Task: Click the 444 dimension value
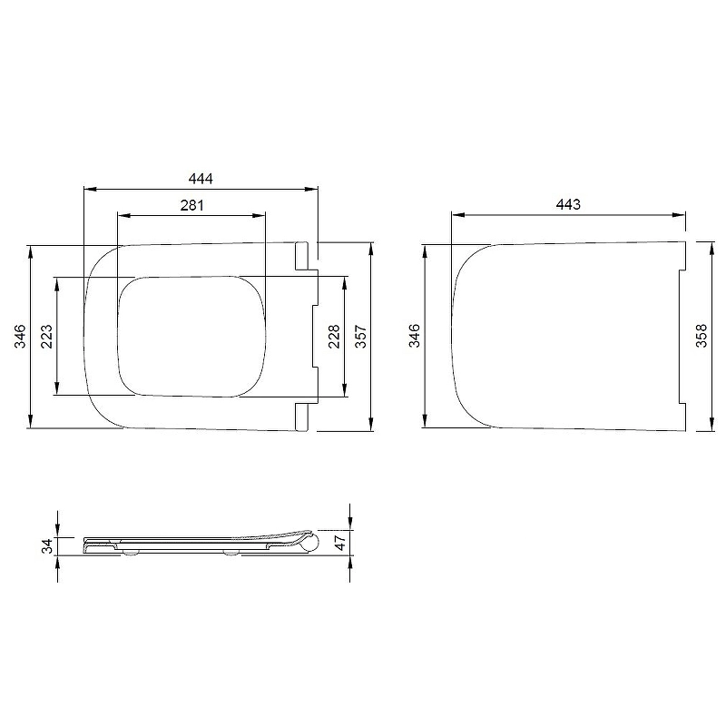(x=201, y=178)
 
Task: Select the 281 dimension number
(x=191, y=205)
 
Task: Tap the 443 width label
(x=568, y=204)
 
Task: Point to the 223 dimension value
(x=47, y=336)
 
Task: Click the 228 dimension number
(x=334, y=336)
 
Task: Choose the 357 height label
(x=360, y=336)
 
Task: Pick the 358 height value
(x=701, y=336)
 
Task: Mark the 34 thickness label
(x=48, y=546)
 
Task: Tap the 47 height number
(x=340, y=542)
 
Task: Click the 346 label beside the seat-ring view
(x=20, y=336)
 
